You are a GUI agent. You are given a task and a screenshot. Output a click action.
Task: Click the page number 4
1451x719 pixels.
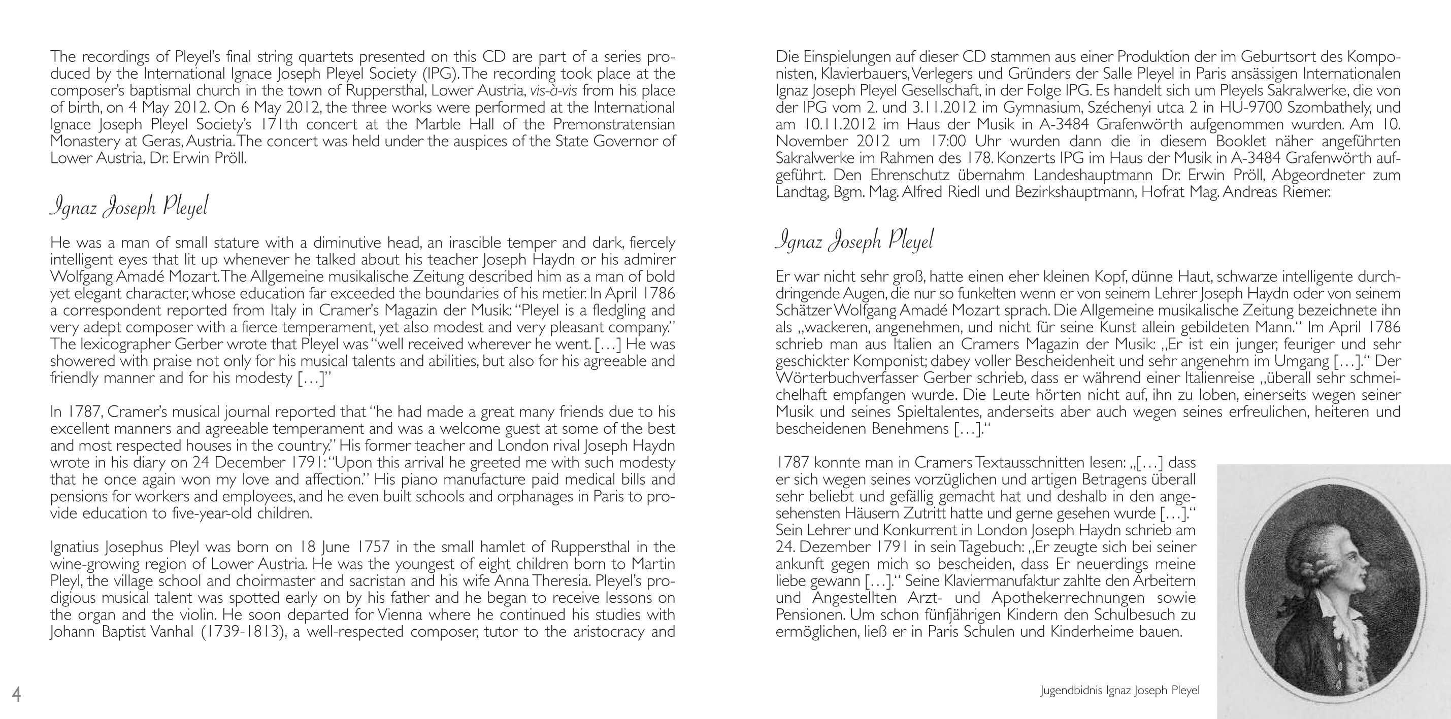[x=17, y=694]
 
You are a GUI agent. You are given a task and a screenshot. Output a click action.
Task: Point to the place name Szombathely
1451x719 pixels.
[x=1316, y=108]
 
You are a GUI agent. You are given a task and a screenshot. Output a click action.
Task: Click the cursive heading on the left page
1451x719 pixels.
[x=129, y=207]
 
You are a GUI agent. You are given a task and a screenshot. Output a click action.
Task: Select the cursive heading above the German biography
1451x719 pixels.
[x=854, y=241]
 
